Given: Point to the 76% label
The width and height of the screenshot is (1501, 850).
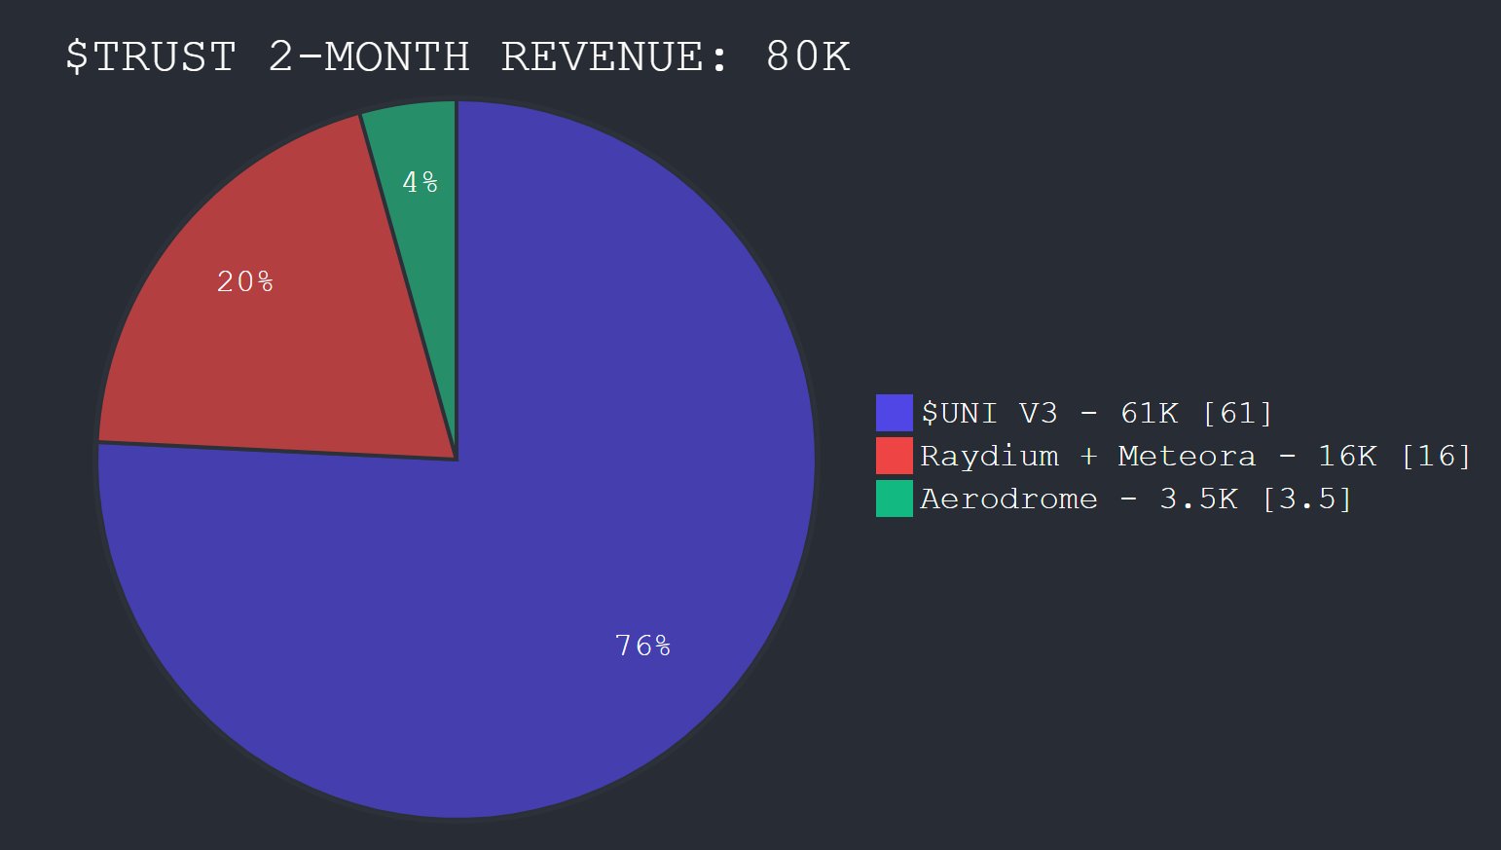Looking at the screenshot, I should (642, 646).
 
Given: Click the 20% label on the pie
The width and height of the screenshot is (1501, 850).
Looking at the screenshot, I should (244, 282).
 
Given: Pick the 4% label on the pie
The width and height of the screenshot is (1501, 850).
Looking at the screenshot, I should (421, 182).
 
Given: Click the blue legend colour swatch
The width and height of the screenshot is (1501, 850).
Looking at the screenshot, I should (894, 413).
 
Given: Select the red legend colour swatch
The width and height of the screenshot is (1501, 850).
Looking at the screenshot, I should (894, 456).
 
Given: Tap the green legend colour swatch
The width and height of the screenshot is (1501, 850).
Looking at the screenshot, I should (894, 499).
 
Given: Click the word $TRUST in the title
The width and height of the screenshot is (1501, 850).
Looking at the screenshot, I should (151, 56).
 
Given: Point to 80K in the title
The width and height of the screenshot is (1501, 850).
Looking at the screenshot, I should (808, 56).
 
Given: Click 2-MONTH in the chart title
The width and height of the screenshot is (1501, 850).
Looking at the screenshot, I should (369, 56).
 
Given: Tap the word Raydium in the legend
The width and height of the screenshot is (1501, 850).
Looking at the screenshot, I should (989, 457).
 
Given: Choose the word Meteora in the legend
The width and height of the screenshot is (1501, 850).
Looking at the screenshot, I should (1187, 456).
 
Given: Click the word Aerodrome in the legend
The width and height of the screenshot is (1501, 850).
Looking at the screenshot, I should (1008, 499).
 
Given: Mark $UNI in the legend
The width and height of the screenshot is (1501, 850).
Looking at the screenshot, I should (959, 413).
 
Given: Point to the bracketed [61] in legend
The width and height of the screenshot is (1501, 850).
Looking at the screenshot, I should (1237, 413).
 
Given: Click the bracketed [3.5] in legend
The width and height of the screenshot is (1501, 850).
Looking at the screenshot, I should (1306, 499).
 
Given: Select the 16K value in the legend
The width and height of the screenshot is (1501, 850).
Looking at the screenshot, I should (1347, 456).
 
